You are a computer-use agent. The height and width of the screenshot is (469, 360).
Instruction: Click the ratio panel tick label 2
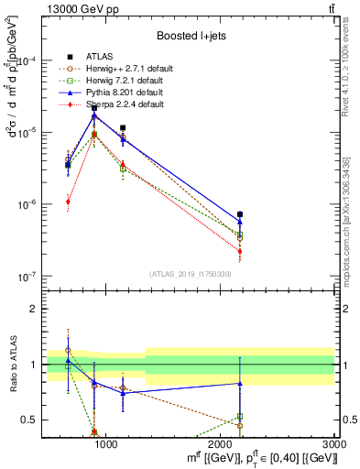coord(33,309)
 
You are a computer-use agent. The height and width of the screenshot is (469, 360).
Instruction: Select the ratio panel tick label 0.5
coord(30,420)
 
